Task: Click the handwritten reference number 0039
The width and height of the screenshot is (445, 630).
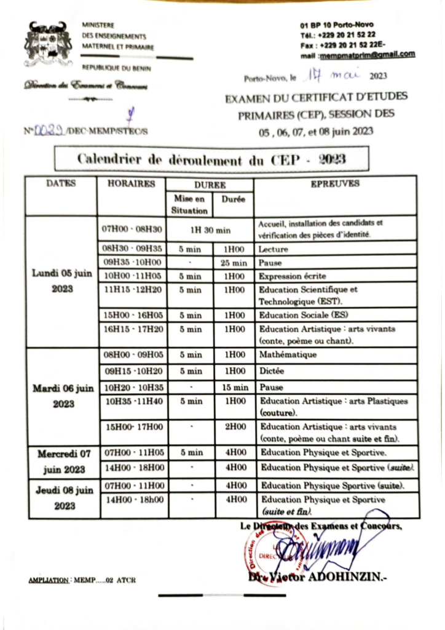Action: pyautogui.click(x=49, y=130)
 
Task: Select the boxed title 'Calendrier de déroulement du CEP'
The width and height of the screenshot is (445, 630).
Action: pyautogui.click(x=211, y=159)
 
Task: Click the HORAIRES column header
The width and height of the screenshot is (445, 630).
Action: pyautogui.click(x=131, y=183)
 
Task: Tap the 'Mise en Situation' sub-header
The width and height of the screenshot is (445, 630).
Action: pyautogui.click(x=189, y=205)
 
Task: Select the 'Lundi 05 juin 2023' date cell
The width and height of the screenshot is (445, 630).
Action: pyautogui.click(x=61, y=281)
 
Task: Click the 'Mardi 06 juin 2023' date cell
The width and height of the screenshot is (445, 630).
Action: pyautogui.click(x=61, y=396)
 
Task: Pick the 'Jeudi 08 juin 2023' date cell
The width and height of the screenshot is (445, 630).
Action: pyautogui.click(x=61, y=498)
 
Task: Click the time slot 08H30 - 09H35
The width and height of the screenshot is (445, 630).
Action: pyautogui.click(x=133, y=249)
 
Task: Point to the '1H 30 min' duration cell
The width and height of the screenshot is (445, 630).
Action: pyautogui.click(x=210, y=229)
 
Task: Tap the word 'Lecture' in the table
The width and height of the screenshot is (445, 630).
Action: pyautogui.click(x=274, y=250)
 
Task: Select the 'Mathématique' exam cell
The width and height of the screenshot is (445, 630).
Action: pyautogui.click(x=288, y=355)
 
